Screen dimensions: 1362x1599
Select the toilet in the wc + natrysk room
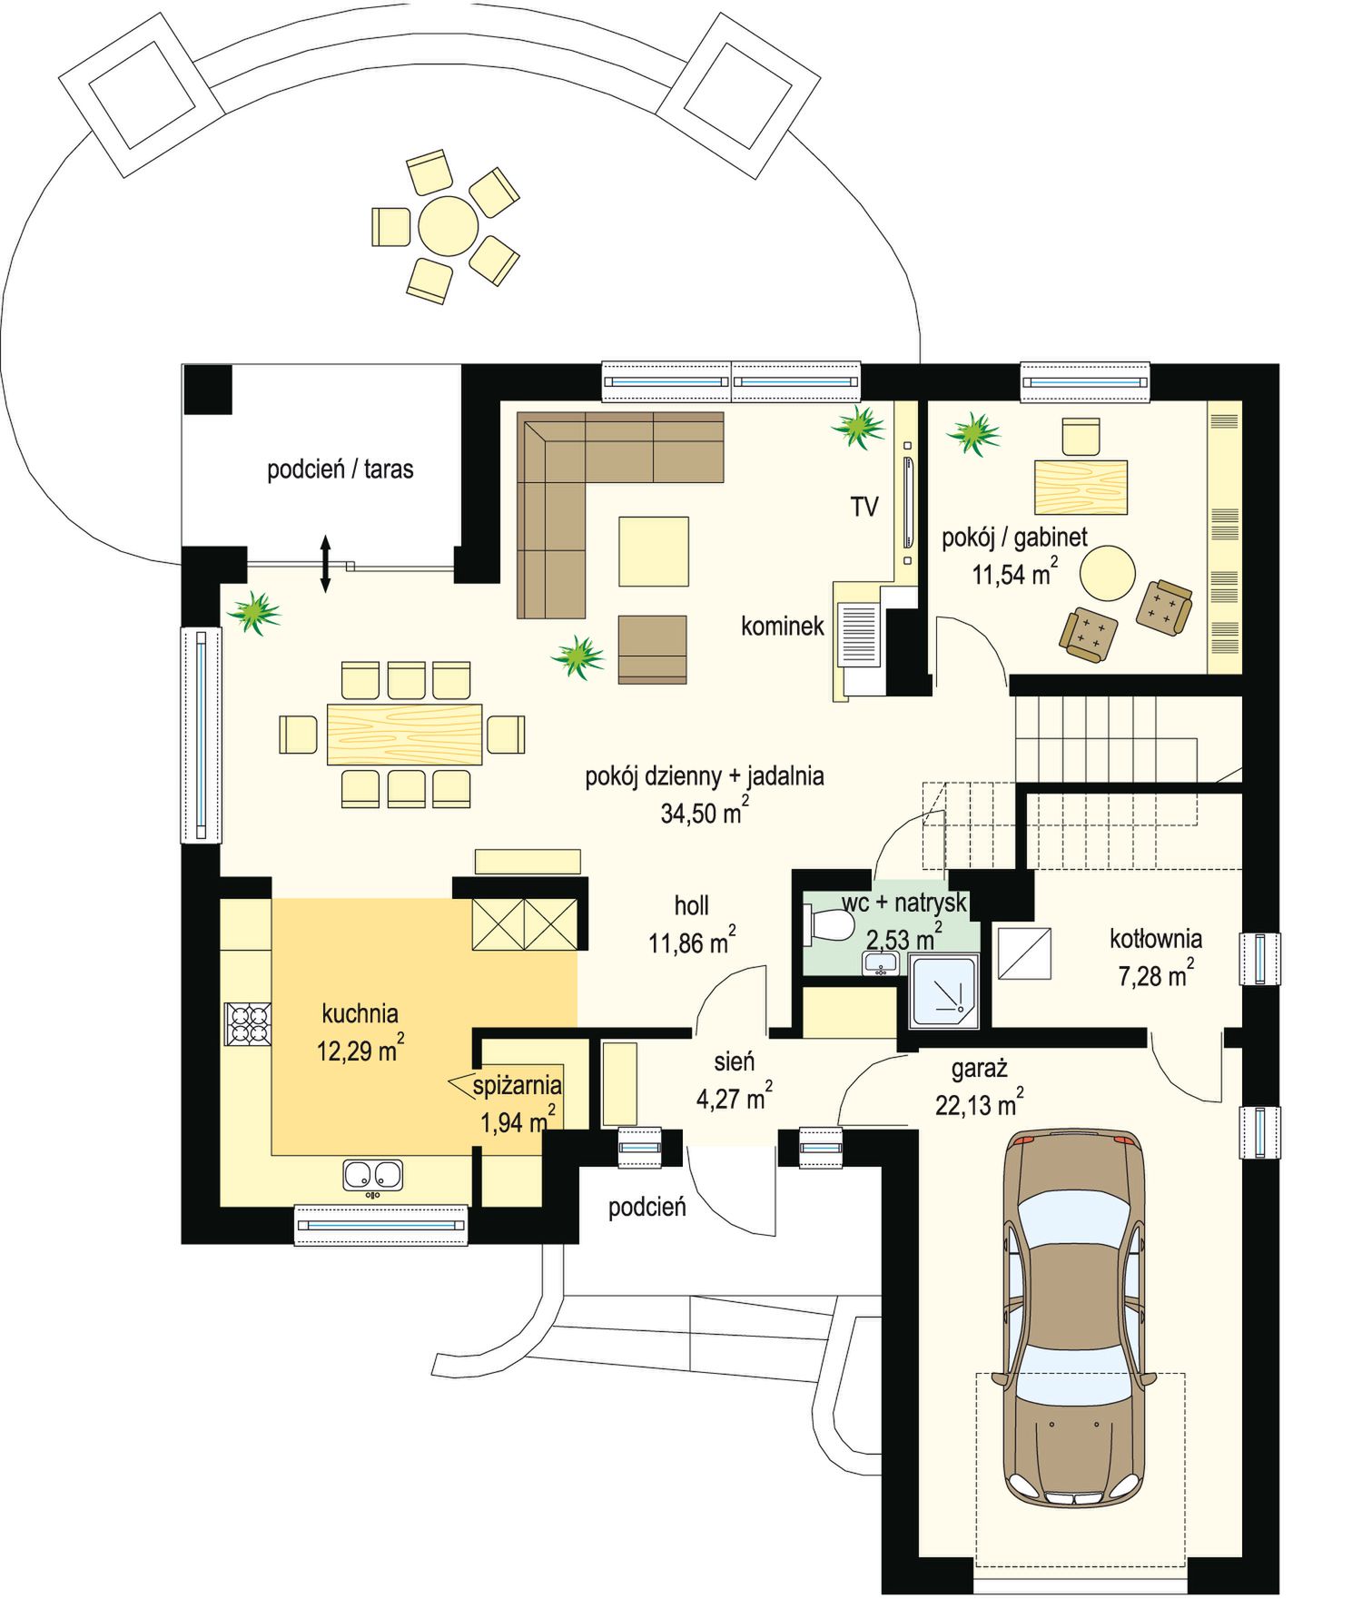828,925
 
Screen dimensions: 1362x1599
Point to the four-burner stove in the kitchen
248,1023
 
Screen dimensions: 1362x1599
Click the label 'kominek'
783,626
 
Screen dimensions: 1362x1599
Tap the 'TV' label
864,507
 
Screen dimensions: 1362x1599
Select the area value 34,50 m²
705,811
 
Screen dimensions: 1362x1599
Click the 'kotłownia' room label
1156,938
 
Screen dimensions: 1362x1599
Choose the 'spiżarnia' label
517,1084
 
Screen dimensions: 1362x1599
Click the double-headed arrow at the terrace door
325,564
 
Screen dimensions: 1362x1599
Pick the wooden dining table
404,735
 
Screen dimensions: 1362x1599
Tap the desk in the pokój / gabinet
1081,488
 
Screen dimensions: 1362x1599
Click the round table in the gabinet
1108,573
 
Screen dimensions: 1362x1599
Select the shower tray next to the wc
944,991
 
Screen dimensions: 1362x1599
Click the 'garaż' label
980,1069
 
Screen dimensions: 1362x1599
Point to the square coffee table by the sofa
654,551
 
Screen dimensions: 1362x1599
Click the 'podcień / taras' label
340,469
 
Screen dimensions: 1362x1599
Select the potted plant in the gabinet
974,433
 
